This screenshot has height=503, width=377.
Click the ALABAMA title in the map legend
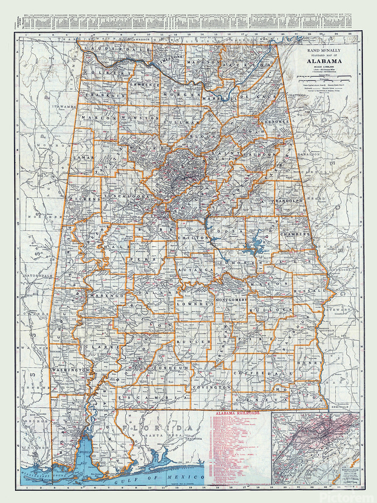tap(326, 62)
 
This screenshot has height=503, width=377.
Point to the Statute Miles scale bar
tap(325, 76)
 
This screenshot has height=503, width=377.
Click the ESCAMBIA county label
tap(149, 397)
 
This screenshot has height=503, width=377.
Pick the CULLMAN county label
tap(184, 121)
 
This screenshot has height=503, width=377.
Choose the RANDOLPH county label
tap(287, 200)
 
